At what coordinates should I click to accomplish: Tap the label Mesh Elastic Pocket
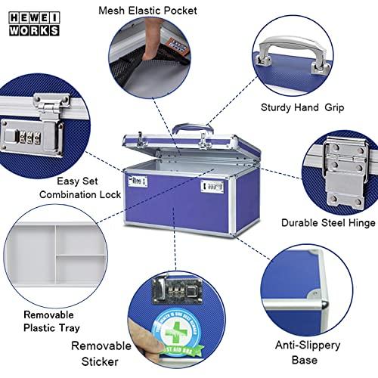(147, 11)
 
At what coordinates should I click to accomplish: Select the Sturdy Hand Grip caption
(302, 107)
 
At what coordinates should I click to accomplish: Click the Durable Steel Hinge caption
(328, 223)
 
